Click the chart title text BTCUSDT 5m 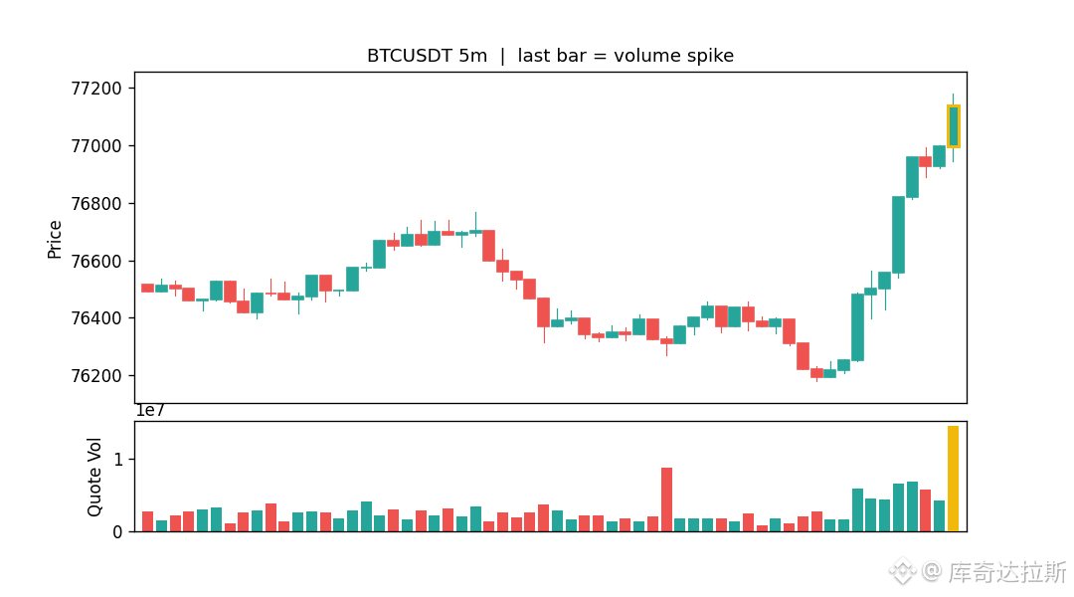coord(427,56)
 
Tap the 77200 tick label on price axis coord(96,89)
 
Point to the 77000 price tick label coord(96,146)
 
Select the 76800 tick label coord(96,204)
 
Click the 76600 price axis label coord(96,261)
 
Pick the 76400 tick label coord(96,318)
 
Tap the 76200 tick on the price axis coord(96,375)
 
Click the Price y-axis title coord(54,239)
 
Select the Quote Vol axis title coord(94,477)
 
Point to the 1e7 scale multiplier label coord(150,411)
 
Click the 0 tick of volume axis coord(117,532)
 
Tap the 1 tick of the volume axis coord(118,460)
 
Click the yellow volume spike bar coord(953,479)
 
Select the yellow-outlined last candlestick coord(954,126)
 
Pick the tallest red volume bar coord(666,499)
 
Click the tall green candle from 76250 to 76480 coord(857,327)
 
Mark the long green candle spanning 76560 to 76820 coord(899,235)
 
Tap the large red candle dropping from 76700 coord(488,246)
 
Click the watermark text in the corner coord(1006,572)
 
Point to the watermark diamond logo coord(902,571)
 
